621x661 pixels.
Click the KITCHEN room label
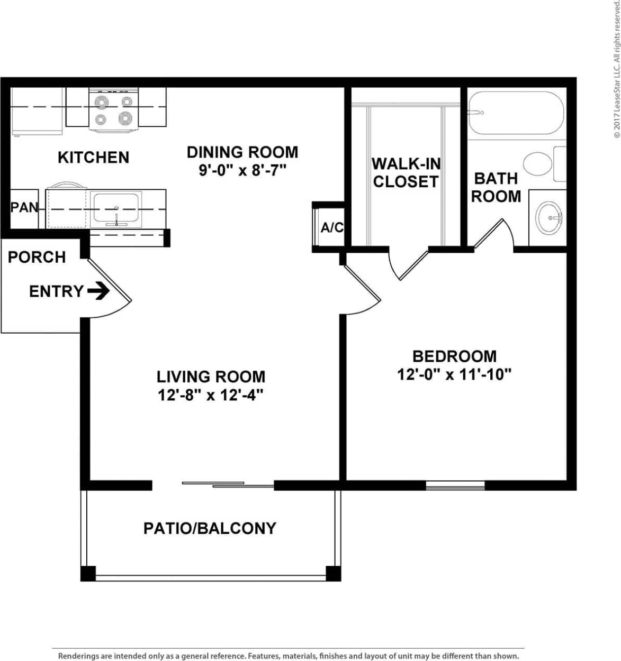[93, 157]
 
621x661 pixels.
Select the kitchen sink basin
[116, 209]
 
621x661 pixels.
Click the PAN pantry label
[24, 208]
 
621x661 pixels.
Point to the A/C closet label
[332, 227]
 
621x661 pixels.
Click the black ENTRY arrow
[98, 291]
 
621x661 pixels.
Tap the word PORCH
[37, 257]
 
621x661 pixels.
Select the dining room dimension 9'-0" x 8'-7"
[242, 171]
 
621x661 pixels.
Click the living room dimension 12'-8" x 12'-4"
[211, 395]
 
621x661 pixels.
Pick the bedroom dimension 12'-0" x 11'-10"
[454, 374]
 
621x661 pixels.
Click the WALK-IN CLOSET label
[406, 172]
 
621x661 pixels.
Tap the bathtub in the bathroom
[516, 113]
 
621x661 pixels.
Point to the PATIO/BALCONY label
[210, 528]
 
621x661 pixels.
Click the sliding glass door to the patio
[228, 484]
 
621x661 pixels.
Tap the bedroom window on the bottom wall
[455, 484]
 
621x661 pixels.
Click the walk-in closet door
[408, 264]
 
